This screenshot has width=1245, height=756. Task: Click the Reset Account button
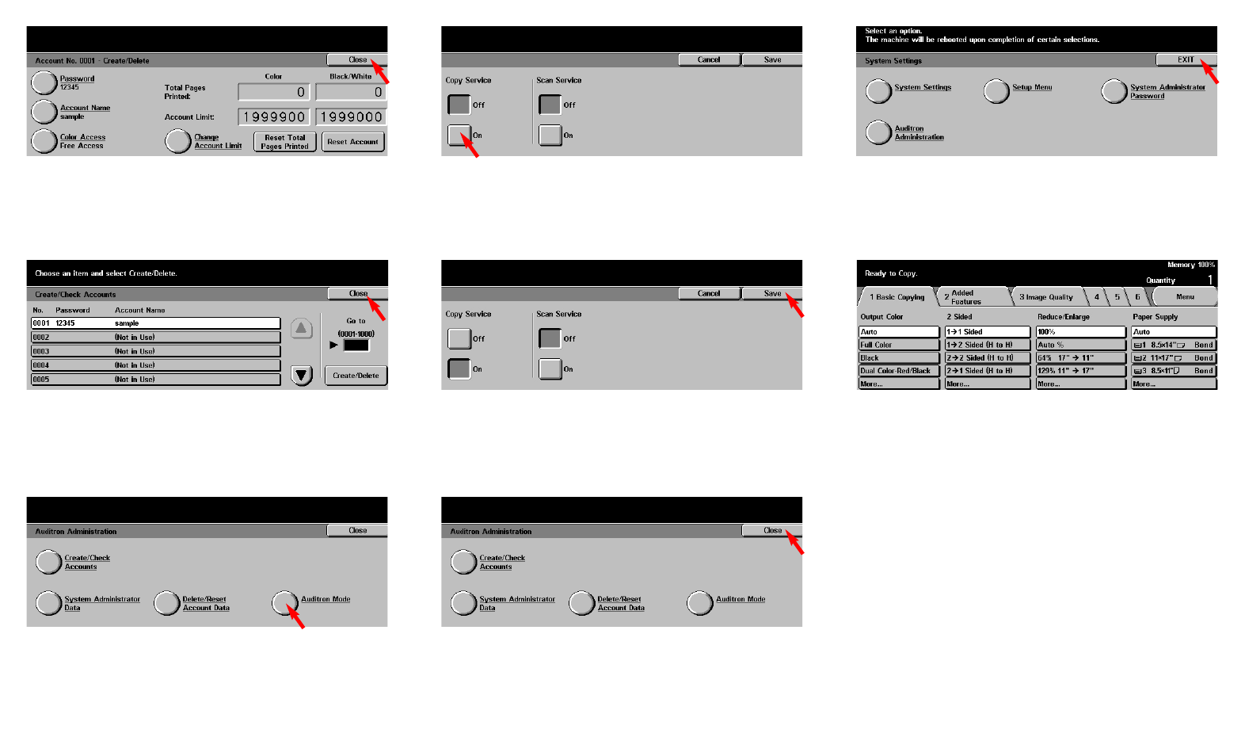(x=352, y=142)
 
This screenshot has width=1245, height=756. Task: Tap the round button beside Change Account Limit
(x=177, y=142)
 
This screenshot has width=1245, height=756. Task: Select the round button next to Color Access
(x=44, y=141)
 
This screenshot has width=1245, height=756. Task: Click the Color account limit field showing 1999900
(x=273, y=117)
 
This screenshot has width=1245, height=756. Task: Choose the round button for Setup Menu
(x=996, y=91)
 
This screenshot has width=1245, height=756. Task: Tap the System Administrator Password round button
(x=1114, y=91)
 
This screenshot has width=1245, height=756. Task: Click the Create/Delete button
(x=356, y=376)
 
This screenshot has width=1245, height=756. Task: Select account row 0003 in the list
(x=155, y=351)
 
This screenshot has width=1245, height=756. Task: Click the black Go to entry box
(x=356, y=346)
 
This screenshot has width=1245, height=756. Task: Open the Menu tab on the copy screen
(x=1185, y=297)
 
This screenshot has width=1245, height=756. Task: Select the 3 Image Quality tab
(x=1046, y=297)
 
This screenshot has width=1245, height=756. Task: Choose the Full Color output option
(x=899, y=345)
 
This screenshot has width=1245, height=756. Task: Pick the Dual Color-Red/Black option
(x=899, y=371)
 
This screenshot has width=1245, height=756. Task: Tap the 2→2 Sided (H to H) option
(x=987, y=357)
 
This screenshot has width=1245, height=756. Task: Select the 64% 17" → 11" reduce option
(x=1080, y=357)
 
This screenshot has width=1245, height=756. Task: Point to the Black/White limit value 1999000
(x=351, y=117)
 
